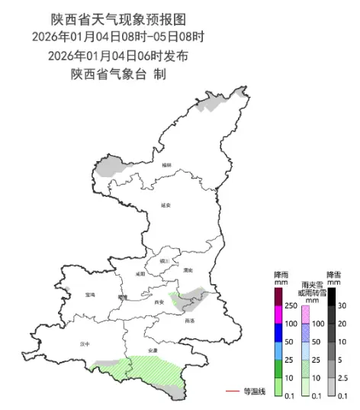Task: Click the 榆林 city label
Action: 167,165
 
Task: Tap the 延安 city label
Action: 167,205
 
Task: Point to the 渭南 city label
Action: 188,270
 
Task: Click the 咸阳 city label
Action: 140,273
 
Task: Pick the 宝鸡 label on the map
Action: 91,293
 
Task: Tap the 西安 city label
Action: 159,302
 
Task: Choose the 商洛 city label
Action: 189,321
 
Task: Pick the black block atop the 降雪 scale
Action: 333,295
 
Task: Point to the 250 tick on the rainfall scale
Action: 290,305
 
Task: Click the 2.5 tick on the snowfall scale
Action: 342,377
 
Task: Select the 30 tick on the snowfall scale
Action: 342,305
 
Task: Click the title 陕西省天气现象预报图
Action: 119,17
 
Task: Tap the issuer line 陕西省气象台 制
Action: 119,74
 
